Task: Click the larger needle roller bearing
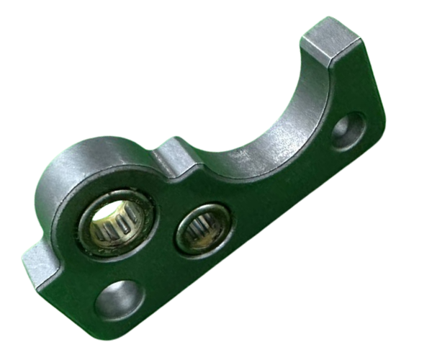pyautogui.click(x=117, y=222)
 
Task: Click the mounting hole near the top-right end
pyautogui.click(x=348, y=131)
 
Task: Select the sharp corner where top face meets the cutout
pyautogui.click(x=302, y=45)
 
